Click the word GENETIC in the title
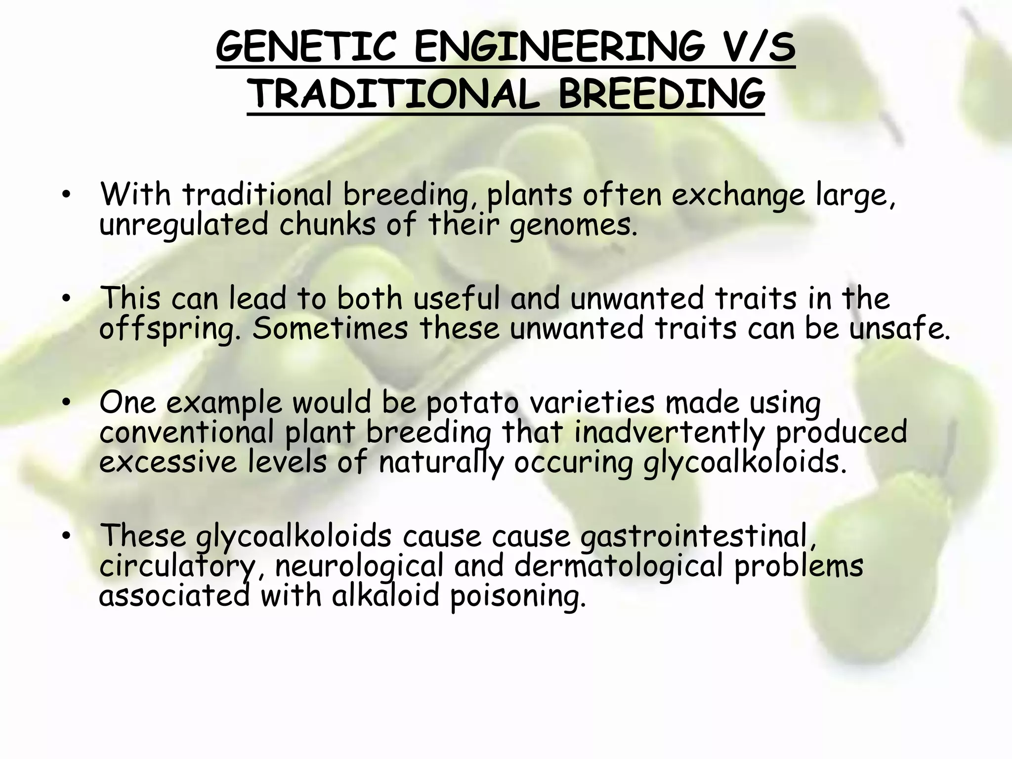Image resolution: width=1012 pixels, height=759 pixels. pyautogui.click(x=306, y=47)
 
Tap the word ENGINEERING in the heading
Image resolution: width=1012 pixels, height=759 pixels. pyautogui.click(x=559, y=47)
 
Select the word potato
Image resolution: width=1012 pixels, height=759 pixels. pyautogui.click(x=472, y=403)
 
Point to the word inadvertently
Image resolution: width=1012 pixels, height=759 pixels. pyautogui.click(x=669, y=433)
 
